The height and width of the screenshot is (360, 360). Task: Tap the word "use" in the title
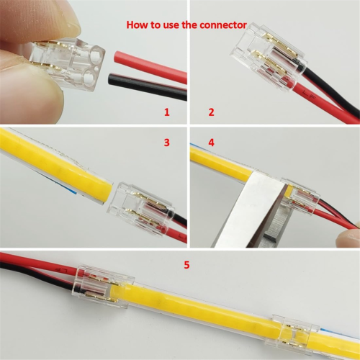tap(171, 24)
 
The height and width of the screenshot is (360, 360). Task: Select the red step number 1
tap(166, 113)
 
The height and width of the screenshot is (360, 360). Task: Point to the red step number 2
tap(211, 113)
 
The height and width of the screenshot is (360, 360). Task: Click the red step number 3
tap(166, 143)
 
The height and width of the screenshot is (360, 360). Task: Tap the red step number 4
tap(211, 143)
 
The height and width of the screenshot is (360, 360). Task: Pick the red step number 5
tap(187, 265)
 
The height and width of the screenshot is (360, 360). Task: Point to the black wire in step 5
tap(29, 275)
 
